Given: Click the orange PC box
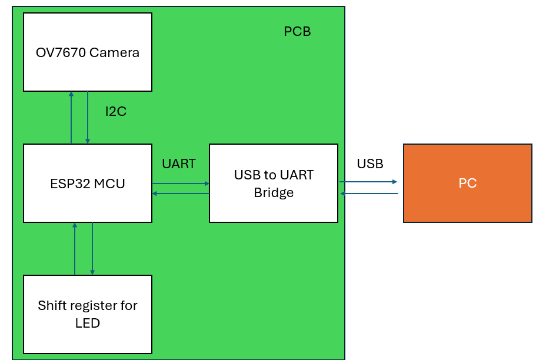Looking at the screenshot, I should (468, 183).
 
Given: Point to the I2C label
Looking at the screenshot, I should (116, 111).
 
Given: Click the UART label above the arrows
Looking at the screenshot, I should (179, 164).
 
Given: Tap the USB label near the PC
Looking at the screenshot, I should (370, 164).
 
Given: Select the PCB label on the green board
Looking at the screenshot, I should (297, 32).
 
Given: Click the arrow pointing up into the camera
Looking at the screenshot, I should (71, 118).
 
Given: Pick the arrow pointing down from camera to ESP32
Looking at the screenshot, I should (88, 118).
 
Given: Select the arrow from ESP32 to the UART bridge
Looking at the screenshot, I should (181, 184).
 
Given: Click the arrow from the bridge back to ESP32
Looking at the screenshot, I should (181, 194).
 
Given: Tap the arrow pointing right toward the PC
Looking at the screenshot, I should (368, 182).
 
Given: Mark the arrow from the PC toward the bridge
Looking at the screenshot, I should (368, 194).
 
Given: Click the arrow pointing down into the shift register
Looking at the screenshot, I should (92, 248).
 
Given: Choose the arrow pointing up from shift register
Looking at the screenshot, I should (75, 248).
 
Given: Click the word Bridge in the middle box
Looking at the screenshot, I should (274, 192).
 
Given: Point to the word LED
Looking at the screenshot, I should (88, 323).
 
